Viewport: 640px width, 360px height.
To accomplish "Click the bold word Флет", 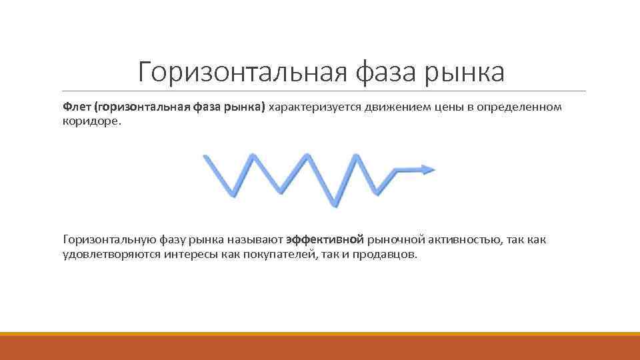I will click(x=77, y=107).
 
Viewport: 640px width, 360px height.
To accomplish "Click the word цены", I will click(x=453, y=107).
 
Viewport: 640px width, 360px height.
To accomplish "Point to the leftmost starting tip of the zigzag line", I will click(x=206, y=157).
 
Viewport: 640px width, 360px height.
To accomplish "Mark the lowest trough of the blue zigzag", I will click(x=335, y=204).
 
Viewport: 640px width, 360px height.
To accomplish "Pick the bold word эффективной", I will click(x=325, y=239).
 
